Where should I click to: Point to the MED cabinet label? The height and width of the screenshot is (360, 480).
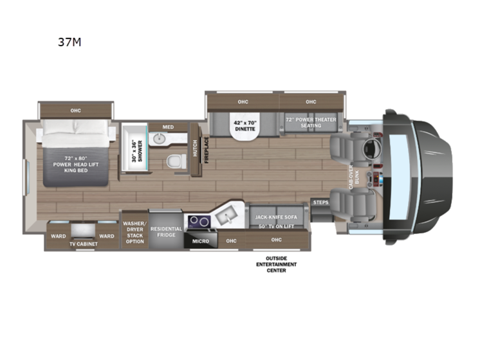(169, 127)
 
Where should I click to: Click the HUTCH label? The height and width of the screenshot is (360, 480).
(194, 150)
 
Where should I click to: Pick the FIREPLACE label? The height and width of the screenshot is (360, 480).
(207, 150)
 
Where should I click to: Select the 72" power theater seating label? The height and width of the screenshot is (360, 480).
(311, 122)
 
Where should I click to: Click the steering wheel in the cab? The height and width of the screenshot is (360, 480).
(371, 149)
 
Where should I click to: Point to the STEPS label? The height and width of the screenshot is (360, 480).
(320, 203)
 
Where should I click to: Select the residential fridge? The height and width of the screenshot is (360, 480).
(165, 231)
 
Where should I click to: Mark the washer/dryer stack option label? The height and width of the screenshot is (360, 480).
(134, 231)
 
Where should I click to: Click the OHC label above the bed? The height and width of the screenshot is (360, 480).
(76, 111)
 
